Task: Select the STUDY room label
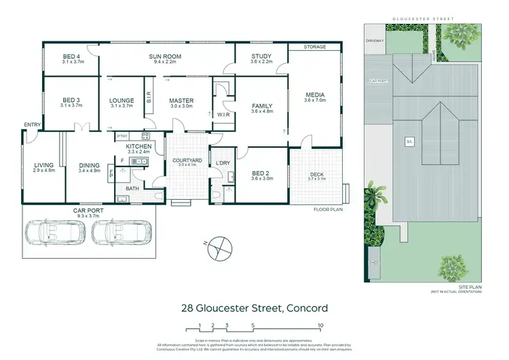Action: coord(261,56)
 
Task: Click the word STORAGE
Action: coord(315,48)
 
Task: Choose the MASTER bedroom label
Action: coord(181,101)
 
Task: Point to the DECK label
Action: coord(317,175)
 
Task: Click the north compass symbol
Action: coord(219,247)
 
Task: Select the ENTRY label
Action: coord(31,125)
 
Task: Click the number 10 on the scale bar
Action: coord(319,325)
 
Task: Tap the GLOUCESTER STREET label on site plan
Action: coord(429,18)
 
